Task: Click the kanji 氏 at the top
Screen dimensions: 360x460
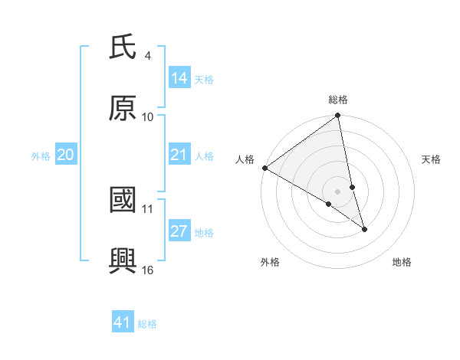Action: tap(123, 48)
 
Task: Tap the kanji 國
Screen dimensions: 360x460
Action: tap(123, 201)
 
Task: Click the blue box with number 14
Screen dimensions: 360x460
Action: tap(179, 77)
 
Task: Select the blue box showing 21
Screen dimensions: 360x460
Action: tap(179, 155)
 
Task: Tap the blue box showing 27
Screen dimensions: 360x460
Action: tap(179, 231)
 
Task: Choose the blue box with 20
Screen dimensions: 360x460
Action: tap(66, 155)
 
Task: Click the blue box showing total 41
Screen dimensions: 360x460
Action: tap(123, 322)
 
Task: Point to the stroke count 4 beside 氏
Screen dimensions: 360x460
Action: tap(147, 56)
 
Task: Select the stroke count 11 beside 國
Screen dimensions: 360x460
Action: tap(148, 208)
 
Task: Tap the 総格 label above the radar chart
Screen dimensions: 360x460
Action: tap(338, 100)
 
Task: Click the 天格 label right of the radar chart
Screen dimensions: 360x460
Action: tap(431, 159)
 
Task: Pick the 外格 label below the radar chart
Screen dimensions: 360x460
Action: tap(270, 263)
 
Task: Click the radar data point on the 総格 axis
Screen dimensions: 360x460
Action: tap(338, 116)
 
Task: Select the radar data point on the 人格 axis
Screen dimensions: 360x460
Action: tap(264, 168)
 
